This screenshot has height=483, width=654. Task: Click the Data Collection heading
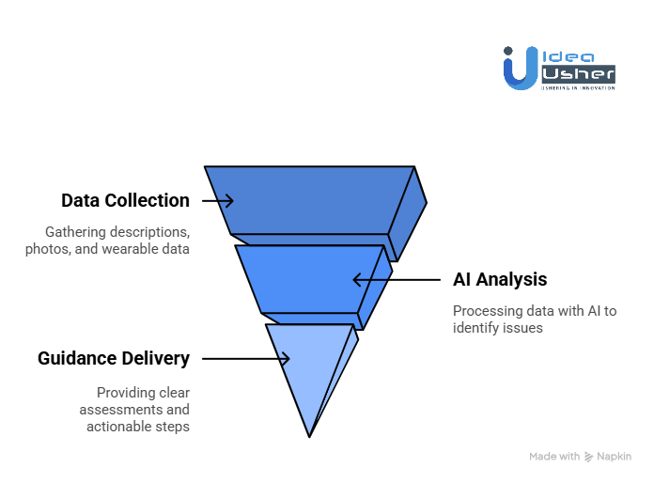point(125,201)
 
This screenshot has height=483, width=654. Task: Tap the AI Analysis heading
point(499,279)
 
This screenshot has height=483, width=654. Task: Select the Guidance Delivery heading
point(114,358)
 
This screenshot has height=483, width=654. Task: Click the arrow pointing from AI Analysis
point(396,279)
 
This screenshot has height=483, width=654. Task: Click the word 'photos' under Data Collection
point(47,249)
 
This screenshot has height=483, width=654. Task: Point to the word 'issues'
point(526,329)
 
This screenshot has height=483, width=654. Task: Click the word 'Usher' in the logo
point(577,72)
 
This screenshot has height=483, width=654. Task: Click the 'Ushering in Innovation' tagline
point(577,87)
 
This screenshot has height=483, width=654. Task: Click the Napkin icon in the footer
point(589,457)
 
